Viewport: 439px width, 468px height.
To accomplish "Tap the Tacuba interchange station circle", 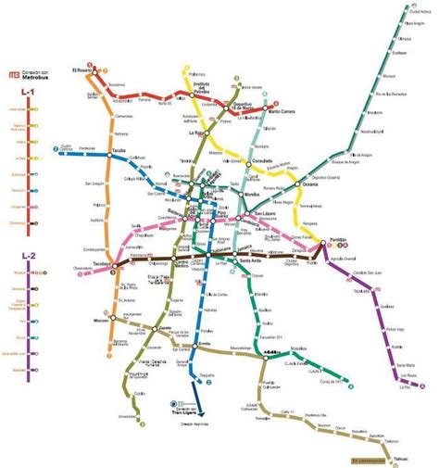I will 109,155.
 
